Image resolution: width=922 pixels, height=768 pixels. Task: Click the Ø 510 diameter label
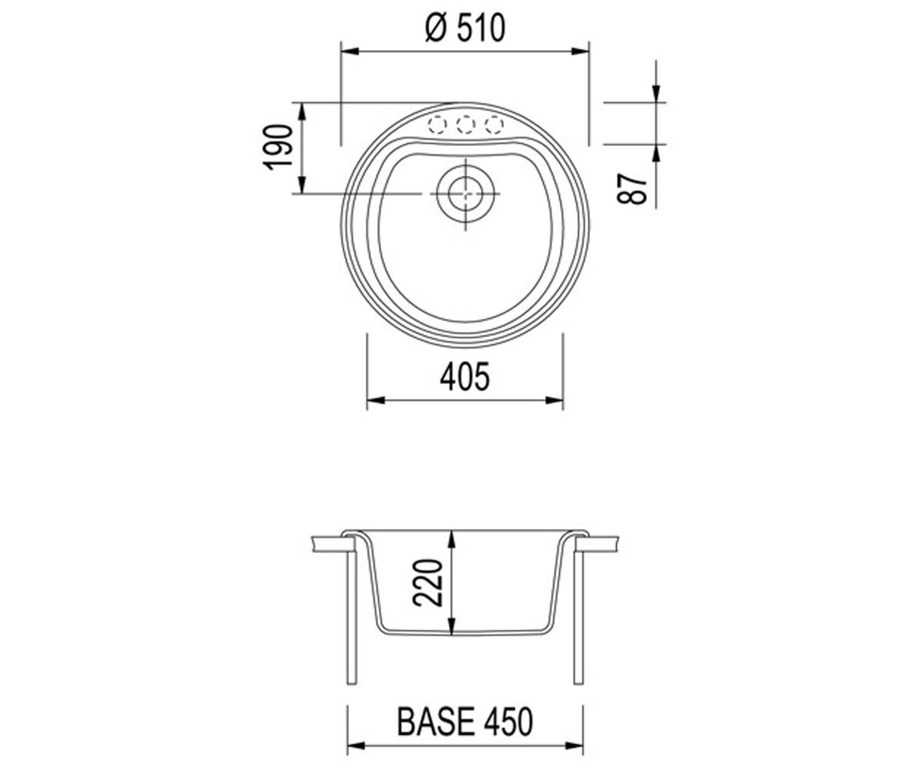[x=465, y=29]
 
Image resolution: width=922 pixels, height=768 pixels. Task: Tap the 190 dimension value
[x=278, y=147]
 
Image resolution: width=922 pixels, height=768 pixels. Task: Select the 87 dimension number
[x=632, y=188]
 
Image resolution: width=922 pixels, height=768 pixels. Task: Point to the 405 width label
[x=465, y=376]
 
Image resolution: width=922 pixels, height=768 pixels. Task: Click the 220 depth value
[x=427, y=583]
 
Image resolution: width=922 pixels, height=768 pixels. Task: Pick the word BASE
[x=436, y=722]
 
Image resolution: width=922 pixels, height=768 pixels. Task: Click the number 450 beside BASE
[x=508, y=722]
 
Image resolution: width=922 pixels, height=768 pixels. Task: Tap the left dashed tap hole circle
[x=436, y=125]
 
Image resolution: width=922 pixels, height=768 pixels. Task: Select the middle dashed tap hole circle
[x=466, y=125]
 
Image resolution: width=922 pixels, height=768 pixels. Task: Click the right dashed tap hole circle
[x=494, y=125]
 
